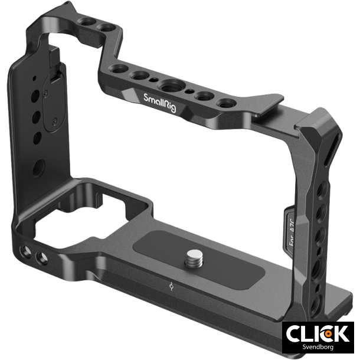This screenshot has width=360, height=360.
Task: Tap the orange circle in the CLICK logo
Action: coord(326,333)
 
